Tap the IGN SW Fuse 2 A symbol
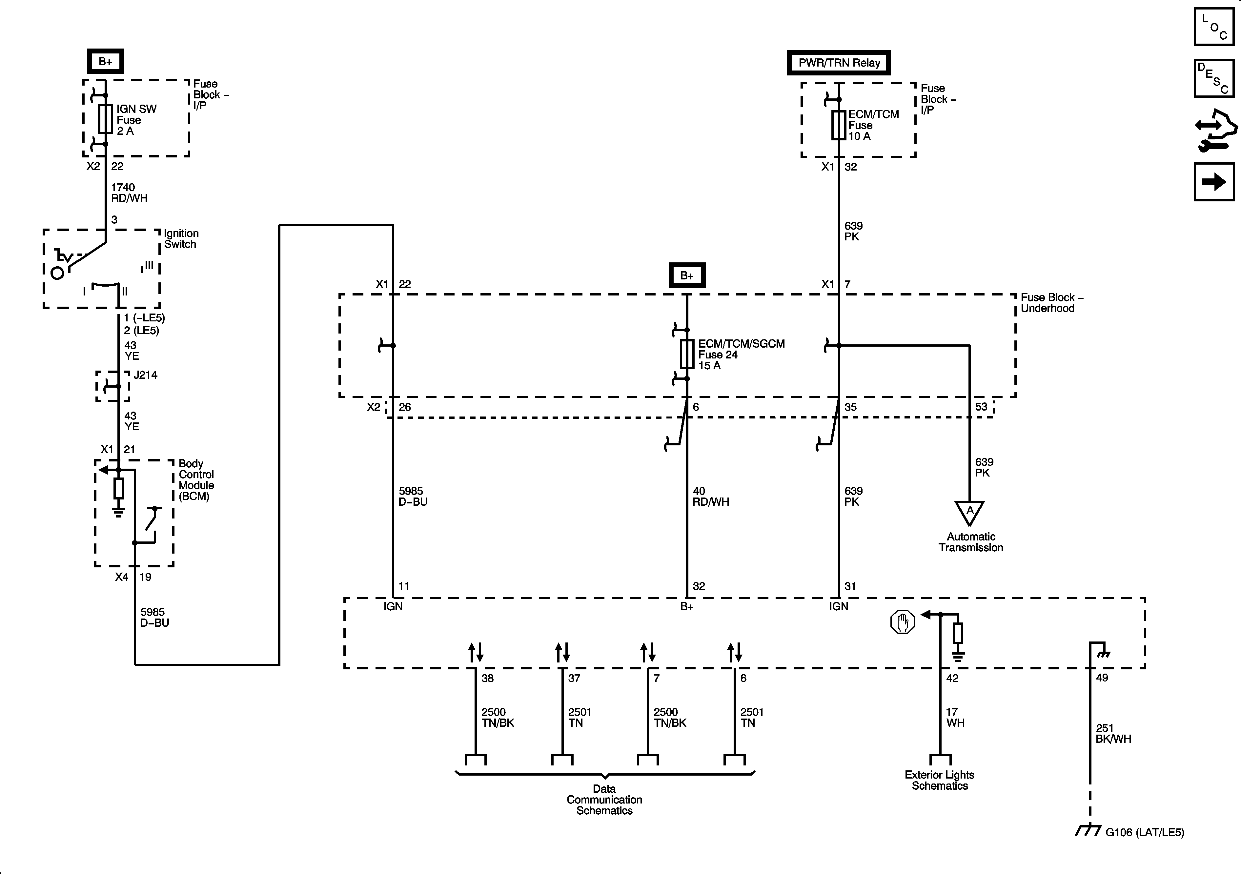(105, 119)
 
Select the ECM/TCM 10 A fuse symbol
(838, 125)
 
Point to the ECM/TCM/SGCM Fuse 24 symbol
(687, 355)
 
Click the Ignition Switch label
(181, 239)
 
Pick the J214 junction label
(145, 375)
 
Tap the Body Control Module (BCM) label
(196, 480)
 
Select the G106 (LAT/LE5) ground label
(1144, 832)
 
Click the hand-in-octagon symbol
(903, 622)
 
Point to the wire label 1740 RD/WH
(129, 193)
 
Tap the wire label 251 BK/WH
(1113, 733)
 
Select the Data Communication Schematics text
(604, 800)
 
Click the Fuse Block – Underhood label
(1051, 303)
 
